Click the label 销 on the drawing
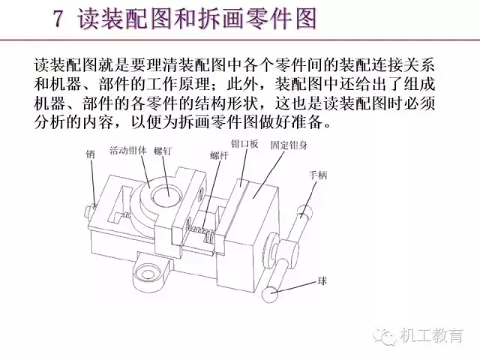tap(90, 154)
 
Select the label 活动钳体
tap(128, 150)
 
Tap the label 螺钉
tap(163, 151)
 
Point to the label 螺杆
tap(219, 155)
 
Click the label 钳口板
tap(244, 144)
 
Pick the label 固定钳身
tap(289, 145)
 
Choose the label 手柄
tap(318, 175)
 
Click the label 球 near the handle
tap(322, 280)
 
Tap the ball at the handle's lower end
tap(270, 295)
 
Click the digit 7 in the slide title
tap(58, 19)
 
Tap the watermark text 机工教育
tap(431, 335)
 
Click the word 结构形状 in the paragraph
tap(225, 103)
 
